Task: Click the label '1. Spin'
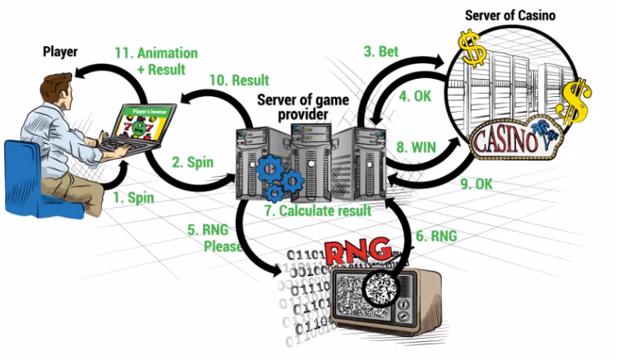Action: tap(134, 199)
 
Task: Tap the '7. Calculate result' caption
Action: tap(317, 210)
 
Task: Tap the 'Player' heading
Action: tap(60, 52)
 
